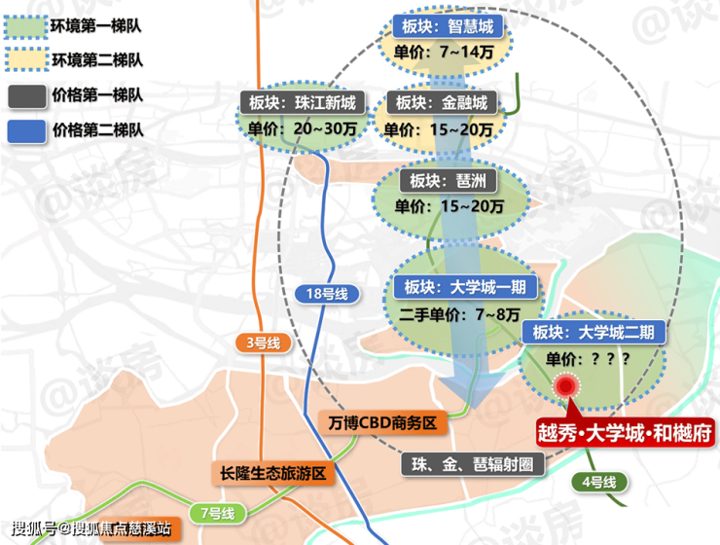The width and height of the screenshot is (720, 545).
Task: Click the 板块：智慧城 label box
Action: [x=448, y=26]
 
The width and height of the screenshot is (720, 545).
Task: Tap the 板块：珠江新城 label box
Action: [x=303, y=102]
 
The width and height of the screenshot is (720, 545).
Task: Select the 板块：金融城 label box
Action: [x=442, y=102]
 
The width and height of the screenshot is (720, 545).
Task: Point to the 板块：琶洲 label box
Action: [x=448, y=181]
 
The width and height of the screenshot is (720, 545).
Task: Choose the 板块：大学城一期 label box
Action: [x=465, y=287]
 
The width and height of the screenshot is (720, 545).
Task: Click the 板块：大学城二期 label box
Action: [x=594, y=332]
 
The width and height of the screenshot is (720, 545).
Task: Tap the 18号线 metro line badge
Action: [x=327, y=294]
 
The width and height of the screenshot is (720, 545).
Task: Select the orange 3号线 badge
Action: [x=263, y=343]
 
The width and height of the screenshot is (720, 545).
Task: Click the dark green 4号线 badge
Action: [x=598, y=482]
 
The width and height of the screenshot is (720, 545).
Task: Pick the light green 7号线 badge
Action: [x=218, y=513]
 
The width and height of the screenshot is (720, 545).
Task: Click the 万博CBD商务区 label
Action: [x=382, y=422]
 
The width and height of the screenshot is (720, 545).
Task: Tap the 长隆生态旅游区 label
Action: [x=272, y=473]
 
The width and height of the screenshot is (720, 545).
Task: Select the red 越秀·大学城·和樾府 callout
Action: [x=625, y=432]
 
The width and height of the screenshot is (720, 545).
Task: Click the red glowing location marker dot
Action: [x=566, y=386]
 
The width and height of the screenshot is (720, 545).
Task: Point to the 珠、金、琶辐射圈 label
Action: [x=473, y=464]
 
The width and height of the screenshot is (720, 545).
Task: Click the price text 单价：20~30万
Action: [x=303, y=129]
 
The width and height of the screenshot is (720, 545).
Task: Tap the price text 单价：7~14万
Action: [x=444, y=52]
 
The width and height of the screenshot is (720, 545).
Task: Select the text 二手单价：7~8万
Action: [x=459, y=315]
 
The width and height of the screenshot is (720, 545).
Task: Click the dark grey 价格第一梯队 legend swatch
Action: [x=26, y=96]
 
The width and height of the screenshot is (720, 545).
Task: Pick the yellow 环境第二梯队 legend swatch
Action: [x=26, y=59]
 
